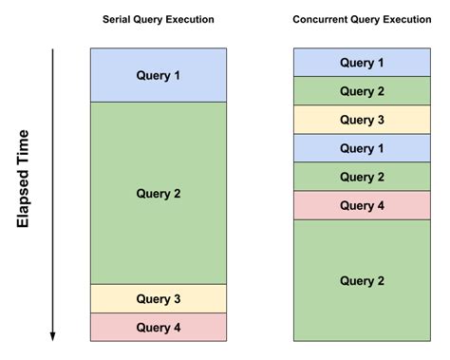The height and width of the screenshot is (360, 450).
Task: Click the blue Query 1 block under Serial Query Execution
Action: coord(159,75)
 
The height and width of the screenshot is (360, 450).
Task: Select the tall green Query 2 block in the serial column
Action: coord(159,193)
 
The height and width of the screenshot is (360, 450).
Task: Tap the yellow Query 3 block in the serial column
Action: coord(159,298)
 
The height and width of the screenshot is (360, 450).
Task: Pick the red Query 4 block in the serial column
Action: coord(159,328)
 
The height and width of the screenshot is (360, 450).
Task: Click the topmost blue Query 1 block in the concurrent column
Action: coord(362,63)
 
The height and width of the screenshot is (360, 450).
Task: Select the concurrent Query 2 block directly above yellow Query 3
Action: coord(362,91)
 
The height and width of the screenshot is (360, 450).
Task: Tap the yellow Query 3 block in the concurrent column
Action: coord(362,120)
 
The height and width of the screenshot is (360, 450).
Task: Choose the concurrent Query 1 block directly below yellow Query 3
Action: coord(362,148)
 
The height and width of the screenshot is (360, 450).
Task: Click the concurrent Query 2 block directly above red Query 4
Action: coord(362,177)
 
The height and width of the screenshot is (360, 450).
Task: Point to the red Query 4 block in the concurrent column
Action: coord(362,205)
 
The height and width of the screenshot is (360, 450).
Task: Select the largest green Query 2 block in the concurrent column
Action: coord(362,280)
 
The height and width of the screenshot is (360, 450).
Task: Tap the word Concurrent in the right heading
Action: coord(321,19)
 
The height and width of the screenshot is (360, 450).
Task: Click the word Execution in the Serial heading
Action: coord(189,19)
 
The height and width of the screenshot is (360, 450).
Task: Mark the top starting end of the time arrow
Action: coord(53,49)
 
